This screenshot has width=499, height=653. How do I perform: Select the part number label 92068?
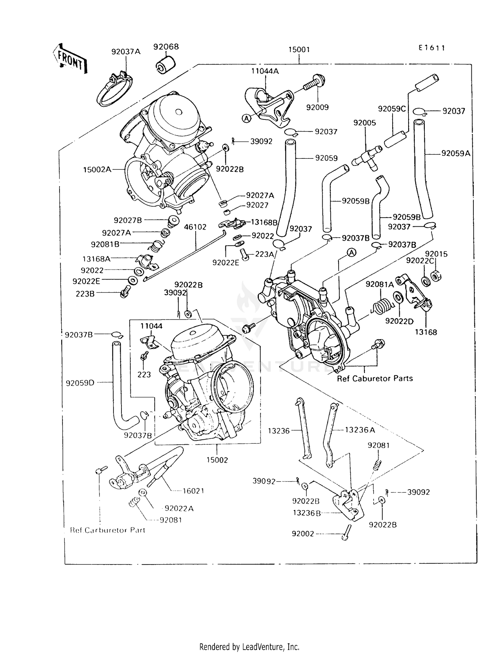tap(166, 47)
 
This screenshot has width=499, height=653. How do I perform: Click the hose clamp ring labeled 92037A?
tap(114, 90)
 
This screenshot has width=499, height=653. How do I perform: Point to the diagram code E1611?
tap(431, 48)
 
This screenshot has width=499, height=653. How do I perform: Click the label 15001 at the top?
tap(299, 50)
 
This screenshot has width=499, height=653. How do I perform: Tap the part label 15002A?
tap(97, 170)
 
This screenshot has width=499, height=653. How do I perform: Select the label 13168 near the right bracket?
tap(426, 332)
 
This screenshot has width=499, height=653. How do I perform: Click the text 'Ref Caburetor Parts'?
tap(375, 378)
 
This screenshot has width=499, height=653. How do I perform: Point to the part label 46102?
tap(195, 227)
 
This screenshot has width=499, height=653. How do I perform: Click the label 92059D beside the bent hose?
tap(80, 383)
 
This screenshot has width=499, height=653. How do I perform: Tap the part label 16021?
tap(193, 491)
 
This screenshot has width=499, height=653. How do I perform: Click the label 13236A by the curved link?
tap(360, 430)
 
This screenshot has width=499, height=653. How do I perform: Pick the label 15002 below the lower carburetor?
tap(217, 460)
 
